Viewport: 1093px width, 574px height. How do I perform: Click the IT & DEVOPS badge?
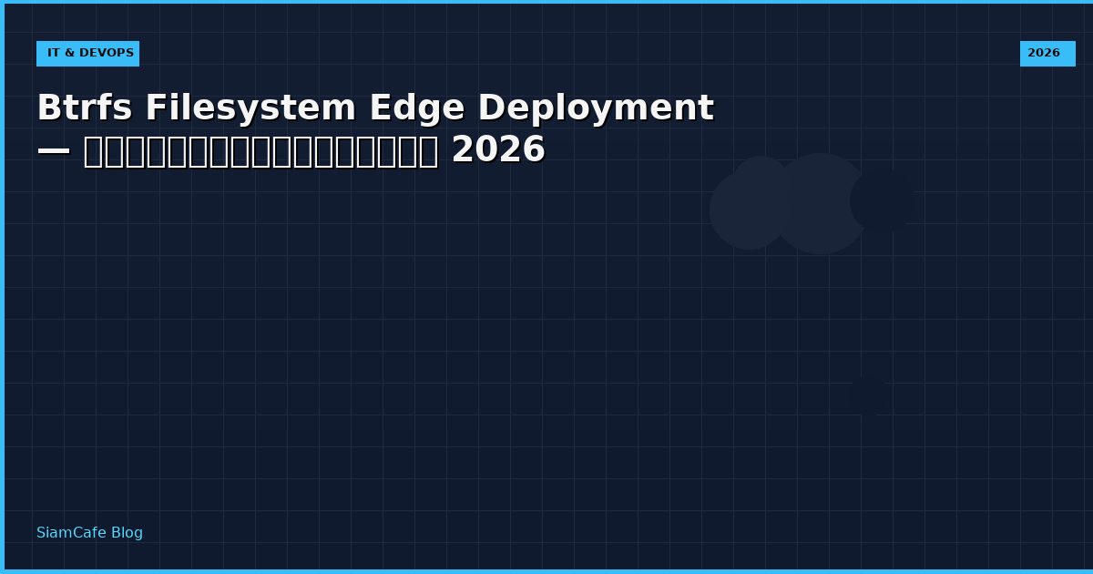(x=87, y=54)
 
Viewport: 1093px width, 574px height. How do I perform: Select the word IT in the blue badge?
(x=54, y=54)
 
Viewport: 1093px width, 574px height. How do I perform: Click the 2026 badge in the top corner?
(x=1047, y=54)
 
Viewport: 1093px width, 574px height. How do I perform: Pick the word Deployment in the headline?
(x=596, y=108)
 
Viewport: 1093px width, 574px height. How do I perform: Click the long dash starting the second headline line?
(x=54, y=150)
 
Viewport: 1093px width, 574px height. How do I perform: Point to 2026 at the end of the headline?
(x=498, y=150)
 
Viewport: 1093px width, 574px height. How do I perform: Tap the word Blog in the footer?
(x=127, y=533)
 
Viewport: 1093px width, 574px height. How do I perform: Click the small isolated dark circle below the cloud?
(x=868, y=395)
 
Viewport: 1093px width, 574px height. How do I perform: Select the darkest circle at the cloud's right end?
(x=882, y=200)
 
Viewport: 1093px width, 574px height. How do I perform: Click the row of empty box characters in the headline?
(x=260, y=150)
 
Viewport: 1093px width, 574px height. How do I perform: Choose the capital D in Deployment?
(x=492, y=108)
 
